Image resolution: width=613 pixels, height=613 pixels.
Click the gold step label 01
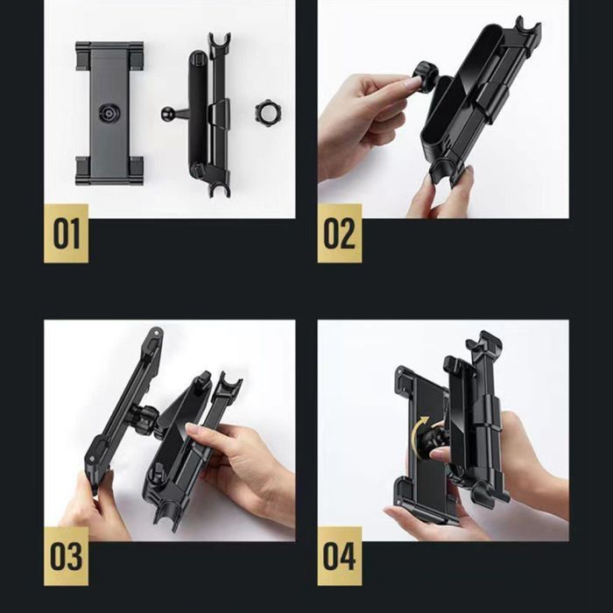click(x=66, y=234)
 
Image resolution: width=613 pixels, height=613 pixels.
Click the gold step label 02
click(x=340, y=234)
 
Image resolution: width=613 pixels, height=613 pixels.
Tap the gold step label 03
click(x=66, y=556)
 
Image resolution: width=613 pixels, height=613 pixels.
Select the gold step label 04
click(x=340, y=556)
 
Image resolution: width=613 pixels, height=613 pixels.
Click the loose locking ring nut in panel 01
click(x=269, y=113)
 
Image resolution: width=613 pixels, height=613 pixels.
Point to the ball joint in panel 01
click(x=167, y=114)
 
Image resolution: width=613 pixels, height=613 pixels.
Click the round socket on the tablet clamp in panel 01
click(x=109, y=114)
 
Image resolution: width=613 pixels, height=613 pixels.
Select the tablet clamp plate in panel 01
click(x=109, y=113)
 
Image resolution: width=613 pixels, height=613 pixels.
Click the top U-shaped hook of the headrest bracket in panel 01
click(x=219, y=41)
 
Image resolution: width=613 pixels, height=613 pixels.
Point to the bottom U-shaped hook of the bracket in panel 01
click(x=219, y=187)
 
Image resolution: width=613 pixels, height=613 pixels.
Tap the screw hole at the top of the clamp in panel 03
click(x=157, y=333)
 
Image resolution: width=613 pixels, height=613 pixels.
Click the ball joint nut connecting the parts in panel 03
click(x=145, y=418)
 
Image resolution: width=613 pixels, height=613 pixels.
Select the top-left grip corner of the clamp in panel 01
click(x=83, y=55)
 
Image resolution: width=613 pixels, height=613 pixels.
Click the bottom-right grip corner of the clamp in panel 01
click(x=136, y=171)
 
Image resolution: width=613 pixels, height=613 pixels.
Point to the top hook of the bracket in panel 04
click(x=484, y=342)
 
